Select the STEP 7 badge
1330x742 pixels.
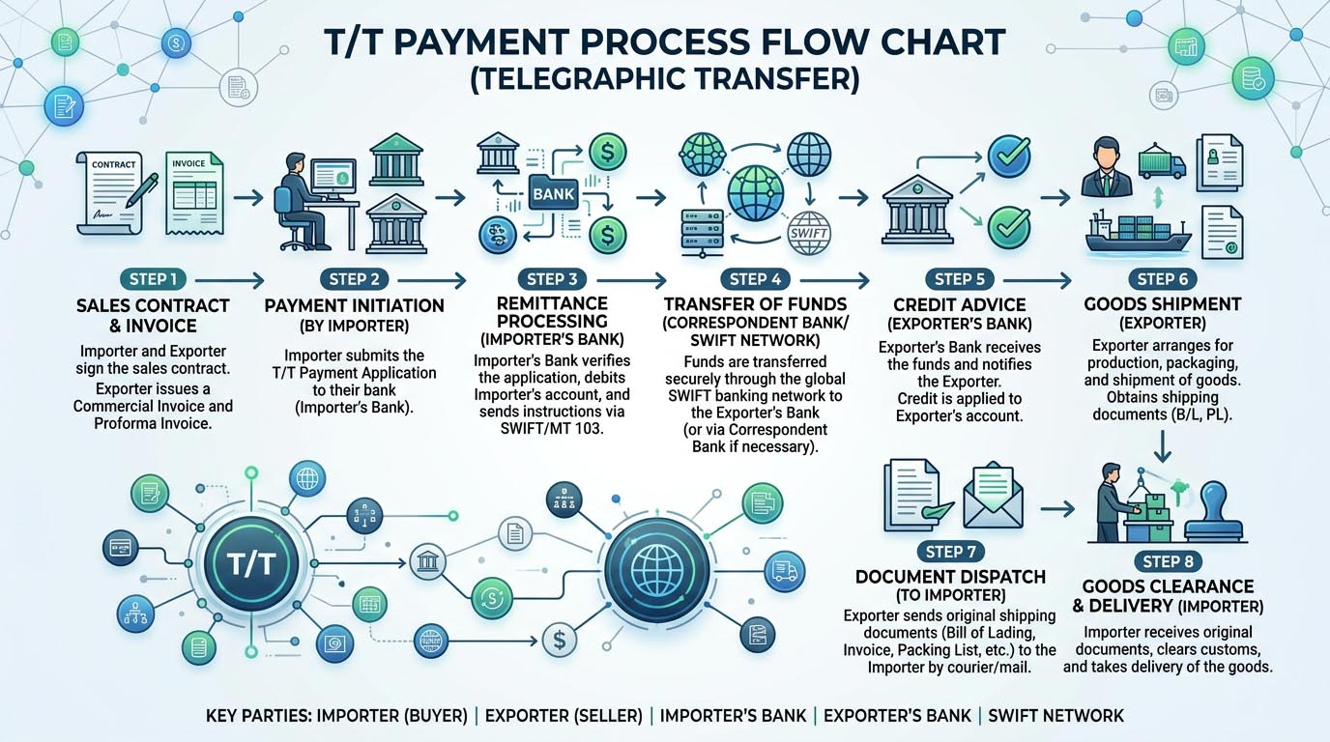[951, 552]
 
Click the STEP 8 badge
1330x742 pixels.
[1168, 561]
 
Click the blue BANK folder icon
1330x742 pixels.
[553, 193]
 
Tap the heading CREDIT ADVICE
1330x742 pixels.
[960, 305]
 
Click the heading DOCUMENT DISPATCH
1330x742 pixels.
[951, 577]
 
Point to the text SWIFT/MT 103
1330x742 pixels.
[552, 427]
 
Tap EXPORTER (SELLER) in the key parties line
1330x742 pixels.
[565, 716]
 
